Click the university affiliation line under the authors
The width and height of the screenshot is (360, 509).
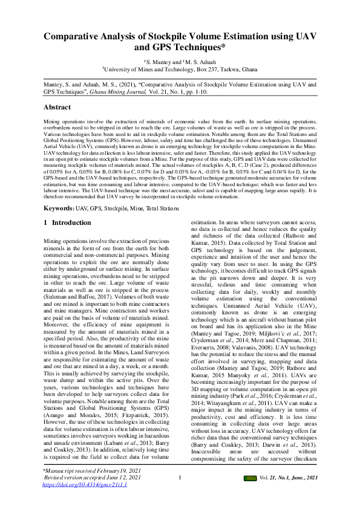point(180,70)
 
